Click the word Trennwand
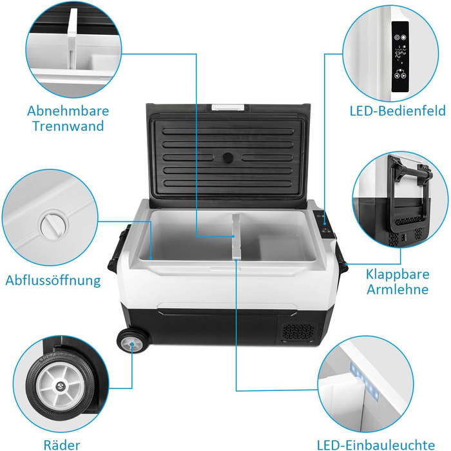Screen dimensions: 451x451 [x=68, y=126]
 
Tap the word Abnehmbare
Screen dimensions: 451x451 [x=68, y=111]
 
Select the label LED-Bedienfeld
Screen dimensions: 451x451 [x=398, y=111]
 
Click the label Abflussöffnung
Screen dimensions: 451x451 [x=53, y=280]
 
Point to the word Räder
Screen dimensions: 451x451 [x=62, y=445]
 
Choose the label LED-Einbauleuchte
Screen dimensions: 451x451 [x=376, y=445]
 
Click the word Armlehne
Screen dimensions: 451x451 [x=398, y=289]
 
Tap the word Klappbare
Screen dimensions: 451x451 [x=398, y=274]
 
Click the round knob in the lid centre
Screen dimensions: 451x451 [x=228, y=158]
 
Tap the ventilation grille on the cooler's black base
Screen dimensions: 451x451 [x=298, y=332]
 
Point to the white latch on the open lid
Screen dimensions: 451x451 [x=228, y=108]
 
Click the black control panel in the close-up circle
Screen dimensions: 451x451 [x=400, y=57]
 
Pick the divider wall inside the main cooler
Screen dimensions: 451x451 [x=236, y=236]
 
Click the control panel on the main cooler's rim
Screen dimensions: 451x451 [x=323, y=224]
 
